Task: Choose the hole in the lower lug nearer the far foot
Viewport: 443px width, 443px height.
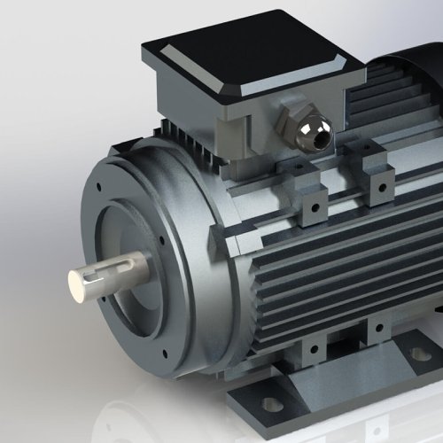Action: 378,329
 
